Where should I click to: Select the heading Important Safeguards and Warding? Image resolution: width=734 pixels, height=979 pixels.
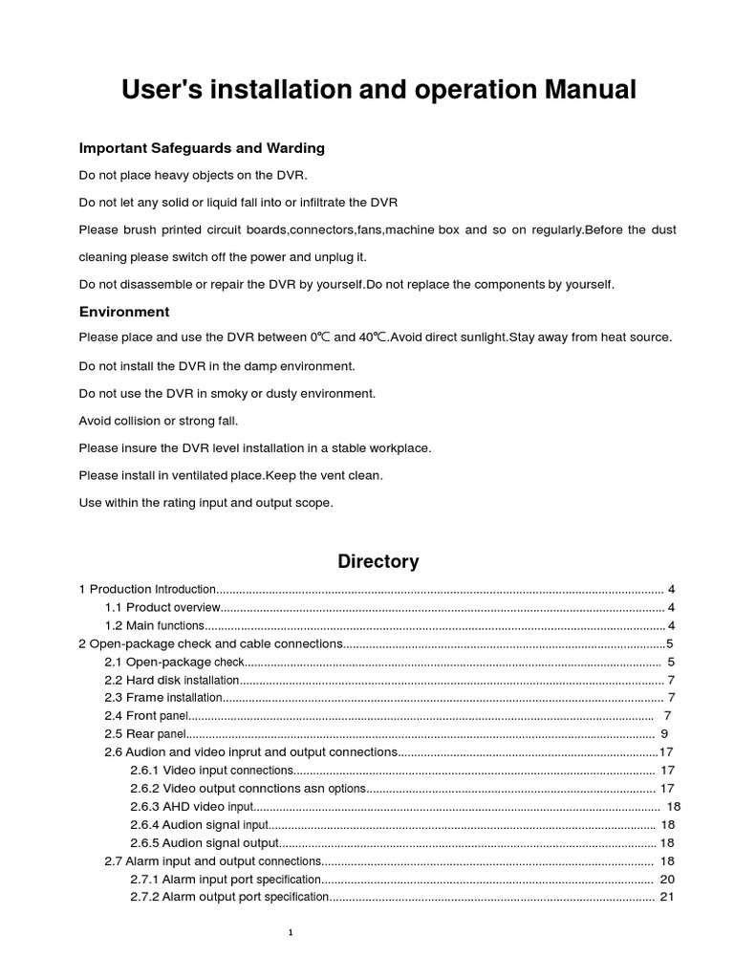point(202,148)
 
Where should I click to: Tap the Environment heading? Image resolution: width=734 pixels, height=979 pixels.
point(124,312)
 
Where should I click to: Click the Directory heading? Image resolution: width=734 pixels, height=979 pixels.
point(378,561)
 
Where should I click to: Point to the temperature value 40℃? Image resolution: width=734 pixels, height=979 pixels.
point(373,337)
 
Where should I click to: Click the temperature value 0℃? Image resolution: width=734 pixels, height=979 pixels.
point(320,337)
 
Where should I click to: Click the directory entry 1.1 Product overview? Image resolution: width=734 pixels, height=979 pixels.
point(162,607)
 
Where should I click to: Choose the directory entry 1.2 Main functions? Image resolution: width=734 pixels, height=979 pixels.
point(154,625)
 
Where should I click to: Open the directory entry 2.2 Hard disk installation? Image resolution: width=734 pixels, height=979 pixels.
point(171,680)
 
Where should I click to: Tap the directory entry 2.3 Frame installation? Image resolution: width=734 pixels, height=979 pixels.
point(162,698)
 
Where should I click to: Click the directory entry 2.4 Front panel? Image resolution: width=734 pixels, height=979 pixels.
point(146,716)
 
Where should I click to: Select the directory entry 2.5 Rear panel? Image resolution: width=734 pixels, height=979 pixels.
point(143,734)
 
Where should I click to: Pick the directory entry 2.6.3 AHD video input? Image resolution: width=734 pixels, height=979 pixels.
point(192,807)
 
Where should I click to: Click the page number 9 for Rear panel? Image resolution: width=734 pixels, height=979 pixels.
point(664,734)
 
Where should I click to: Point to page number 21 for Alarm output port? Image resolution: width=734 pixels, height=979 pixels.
point(667,898)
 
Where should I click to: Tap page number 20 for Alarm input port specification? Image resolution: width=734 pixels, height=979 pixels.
point(667,880)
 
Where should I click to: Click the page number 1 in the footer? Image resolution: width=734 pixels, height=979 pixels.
point(291,933)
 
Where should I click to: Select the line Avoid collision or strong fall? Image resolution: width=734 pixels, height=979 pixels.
point(159,421)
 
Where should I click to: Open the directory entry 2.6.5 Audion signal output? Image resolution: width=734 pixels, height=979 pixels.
point(205,843)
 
